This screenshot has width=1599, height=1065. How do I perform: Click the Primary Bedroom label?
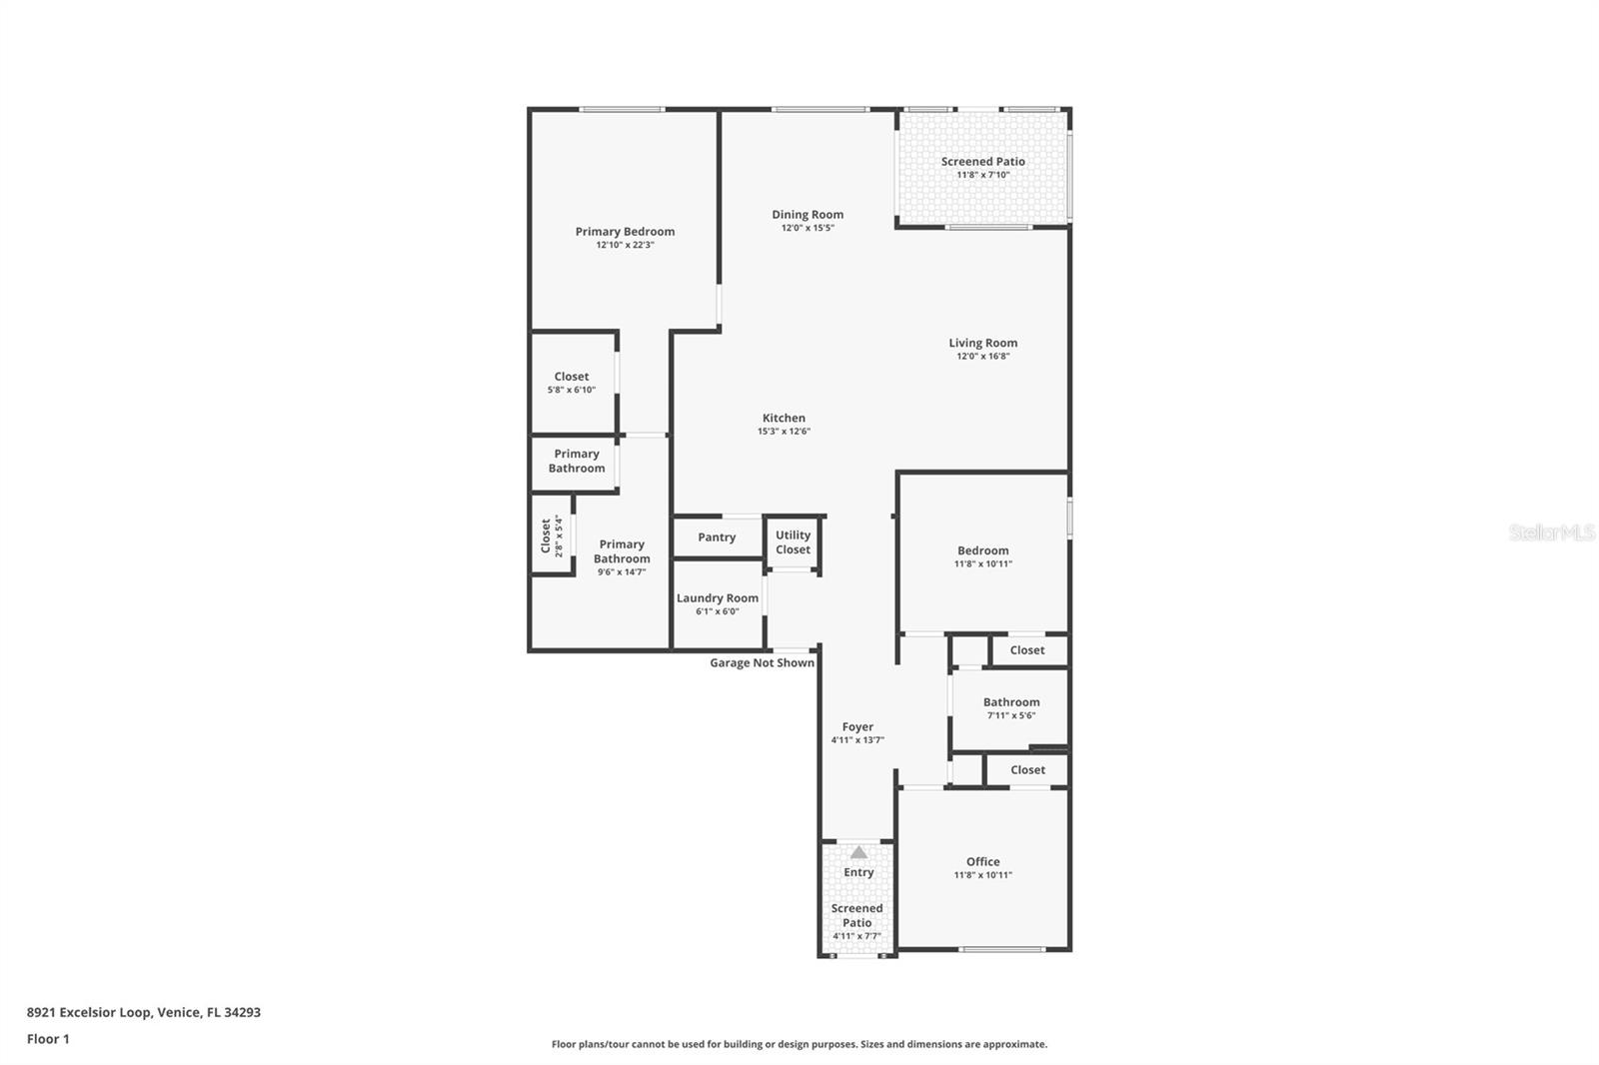pyautogui.click(x=625, y=232)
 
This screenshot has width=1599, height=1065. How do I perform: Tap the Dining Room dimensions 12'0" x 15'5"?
pyautogui.click(x=807, y=228)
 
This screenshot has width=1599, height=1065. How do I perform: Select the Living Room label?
pyautogui.click(x=982, y=343)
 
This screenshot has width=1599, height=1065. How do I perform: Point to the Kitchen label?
pyautogui.click(x=784, y=418)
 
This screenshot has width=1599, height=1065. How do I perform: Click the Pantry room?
pyautogui.click(x=717, y=537)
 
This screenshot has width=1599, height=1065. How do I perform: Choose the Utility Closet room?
pyautogui.click(x=793, y=542)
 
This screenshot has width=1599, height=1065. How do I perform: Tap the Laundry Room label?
pyautogui.click(x=718, y=598)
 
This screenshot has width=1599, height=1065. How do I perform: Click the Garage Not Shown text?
pyautogui.click(x=762, y=662)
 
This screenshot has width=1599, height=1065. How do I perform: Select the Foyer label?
pyautogui.click(x=857, y=727)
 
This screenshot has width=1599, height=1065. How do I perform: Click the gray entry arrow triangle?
pyautogui.click(x=858, y=852)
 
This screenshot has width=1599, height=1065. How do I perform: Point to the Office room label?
pyautogui.click(x=982, y=861)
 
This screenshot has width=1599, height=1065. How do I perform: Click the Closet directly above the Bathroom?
pyautogui.click(x=1027, y=650)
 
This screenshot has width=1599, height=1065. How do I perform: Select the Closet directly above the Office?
pyautogui.click(x=1027, y=770)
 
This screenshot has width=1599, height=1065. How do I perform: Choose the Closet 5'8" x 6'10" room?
pyautogui.click(x=572, y=383)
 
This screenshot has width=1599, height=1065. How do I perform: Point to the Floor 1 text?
pyautogui.click(x=48, y=1039)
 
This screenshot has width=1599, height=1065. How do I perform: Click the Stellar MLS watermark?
pyautogui.click(x=1551, y=532)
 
